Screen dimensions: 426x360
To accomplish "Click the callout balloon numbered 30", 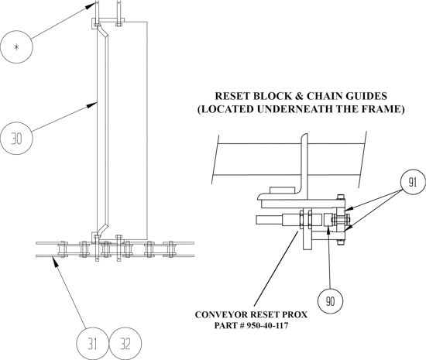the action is click(16, 139).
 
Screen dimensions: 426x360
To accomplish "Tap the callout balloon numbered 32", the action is click(125, 344).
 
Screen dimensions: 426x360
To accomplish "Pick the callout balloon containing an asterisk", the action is click(16, 47).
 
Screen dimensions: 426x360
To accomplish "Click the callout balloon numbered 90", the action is click(330, 301).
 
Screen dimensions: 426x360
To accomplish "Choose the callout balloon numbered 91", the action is click(413, 182).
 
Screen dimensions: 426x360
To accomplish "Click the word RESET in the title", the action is click(232, 96).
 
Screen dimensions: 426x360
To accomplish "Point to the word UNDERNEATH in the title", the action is click(294, 109).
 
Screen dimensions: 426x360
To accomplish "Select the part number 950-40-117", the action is click(267, 325).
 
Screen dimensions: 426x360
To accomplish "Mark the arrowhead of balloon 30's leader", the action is click(93, 105).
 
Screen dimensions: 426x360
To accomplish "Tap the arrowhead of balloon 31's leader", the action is click(55, 262).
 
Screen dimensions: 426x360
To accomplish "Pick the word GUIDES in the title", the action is click(366, 96).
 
